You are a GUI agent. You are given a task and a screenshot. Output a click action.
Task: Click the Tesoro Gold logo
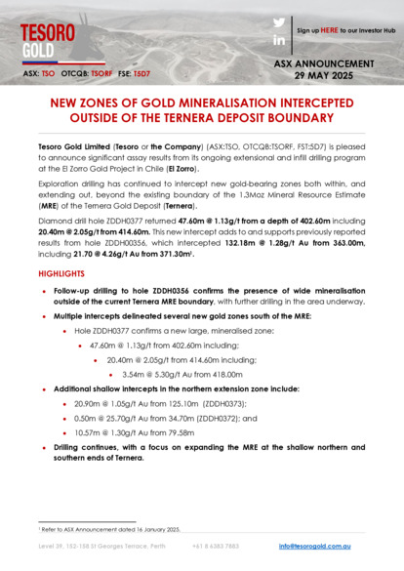pos(47,38)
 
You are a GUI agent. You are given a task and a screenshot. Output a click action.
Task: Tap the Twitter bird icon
pos(279,21)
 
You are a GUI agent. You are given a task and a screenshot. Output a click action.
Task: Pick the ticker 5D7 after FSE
pos(142,73)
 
